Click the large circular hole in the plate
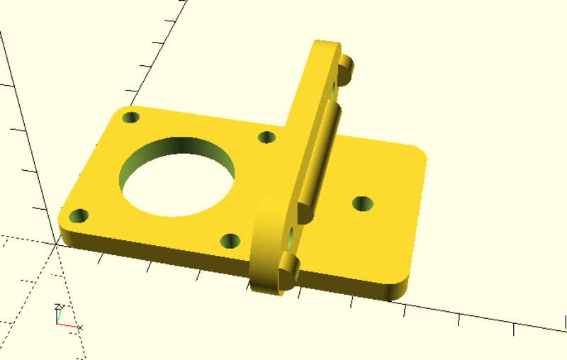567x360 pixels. coord(177,174)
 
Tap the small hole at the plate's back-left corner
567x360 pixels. coord(131,118)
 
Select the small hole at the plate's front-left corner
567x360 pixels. coord(79,214)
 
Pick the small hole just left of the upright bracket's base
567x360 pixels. coord(267,137)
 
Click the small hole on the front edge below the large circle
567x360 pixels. coord(230,241)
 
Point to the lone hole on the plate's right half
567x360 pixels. coord(362,204)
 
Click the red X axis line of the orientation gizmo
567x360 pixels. coord(67,325)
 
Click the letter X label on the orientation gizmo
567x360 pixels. coord(79,327)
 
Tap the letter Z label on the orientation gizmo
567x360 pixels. coord(56,306)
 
